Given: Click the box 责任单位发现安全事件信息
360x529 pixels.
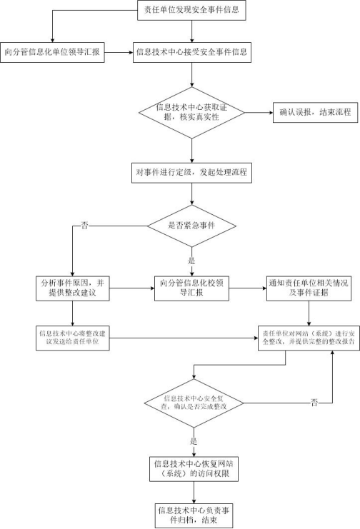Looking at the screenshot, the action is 191,10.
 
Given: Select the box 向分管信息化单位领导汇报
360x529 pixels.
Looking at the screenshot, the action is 52,52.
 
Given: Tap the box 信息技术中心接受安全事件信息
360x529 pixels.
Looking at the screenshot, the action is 192,52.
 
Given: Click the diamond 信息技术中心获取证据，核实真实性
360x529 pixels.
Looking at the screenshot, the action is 191,113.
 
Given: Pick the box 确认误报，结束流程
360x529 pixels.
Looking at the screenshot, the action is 315,112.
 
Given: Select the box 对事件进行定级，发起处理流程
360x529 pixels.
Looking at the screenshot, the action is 191,173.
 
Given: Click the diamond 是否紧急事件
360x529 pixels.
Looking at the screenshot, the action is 191,226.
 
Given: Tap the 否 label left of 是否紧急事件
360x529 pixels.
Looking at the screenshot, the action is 84,226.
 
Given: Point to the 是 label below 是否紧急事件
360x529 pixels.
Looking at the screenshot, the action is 191,261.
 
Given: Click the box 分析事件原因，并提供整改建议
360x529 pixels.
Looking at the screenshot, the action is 73,288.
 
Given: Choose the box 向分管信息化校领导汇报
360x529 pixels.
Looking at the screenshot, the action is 191,288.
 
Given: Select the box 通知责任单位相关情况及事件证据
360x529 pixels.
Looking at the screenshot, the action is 309,288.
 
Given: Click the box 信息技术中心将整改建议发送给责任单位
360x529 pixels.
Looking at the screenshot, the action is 73,338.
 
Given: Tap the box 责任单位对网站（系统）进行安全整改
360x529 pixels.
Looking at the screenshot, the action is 309,338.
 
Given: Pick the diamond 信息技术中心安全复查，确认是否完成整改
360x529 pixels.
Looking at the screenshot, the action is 194,403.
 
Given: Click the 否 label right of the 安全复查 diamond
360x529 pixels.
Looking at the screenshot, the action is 314,402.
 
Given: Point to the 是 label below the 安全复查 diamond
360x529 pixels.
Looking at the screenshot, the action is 194,441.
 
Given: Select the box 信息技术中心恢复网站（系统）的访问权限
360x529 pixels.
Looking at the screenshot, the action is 194,469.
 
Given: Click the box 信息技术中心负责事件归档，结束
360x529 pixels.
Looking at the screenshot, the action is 194,516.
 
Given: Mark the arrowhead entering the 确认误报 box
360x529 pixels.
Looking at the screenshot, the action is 271,112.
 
